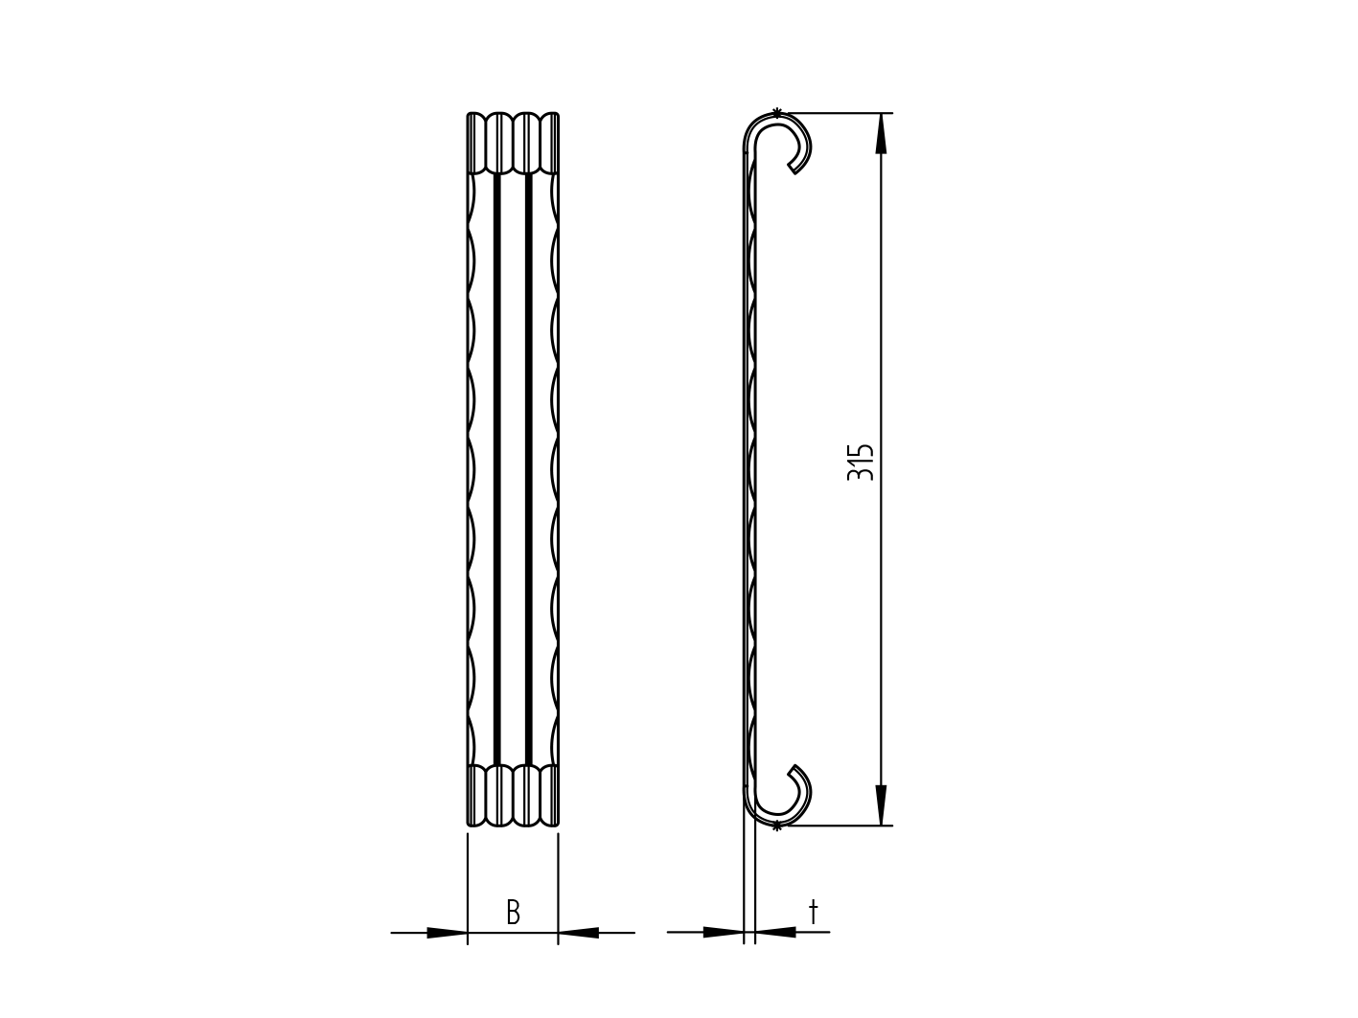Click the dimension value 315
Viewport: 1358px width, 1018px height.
(x=861, y=462)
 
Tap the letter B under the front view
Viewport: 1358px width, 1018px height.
(x=513, y=913)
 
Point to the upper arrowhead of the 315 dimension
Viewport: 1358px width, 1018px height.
(x=881, y=135)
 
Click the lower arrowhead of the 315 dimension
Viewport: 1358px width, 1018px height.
(x=881, y=803)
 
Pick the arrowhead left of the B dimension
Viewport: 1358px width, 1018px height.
(x=447, y=932)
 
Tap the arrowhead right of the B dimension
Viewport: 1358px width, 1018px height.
(x=579, y=932)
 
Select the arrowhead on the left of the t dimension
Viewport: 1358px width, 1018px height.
(x=723, y=931)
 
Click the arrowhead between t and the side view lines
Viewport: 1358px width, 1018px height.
(x=776, y=931)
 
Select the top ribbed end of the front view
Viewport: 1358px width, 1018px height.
(x=513, y=144)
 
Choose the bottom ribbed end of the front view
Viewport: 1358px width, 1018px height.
(x=513, y=795)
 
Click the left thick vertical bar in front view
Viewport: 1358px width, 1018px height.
(x=496, y=469)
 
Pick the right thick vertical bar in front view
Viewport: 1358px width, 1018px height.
(x=528, y=469)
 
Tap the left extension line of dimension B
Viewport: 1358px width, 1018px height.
(x=468, y=886)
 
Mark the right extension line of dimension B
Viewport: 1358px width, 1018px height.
(x=558, y=886)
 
